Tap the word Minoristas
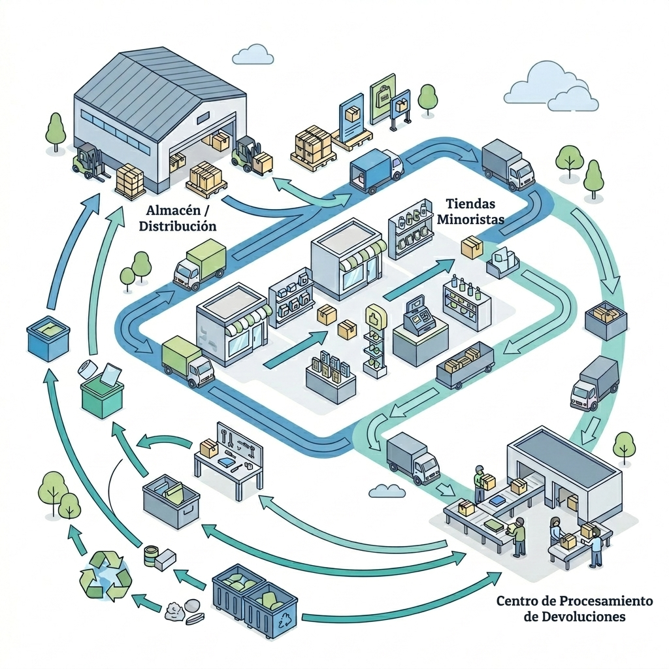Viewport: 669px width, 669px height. [x=470, y=220]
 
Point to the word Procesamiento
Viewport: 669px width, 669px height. [x=601, y=600]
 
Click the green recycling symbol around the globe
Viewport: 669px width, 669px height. [x=105, y=576]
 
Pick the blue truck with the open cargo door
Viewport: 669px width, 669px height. [x=376, y=170]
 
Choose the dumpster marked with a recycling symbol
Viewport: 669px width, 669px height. [x=270, y=611]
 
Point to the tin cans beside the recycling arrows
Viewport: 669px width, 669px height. [x=153, y=557]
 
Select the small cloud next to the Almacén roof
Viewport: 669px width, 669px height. [x=252, y=55]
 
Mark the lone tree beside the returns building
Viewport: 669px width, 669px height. [x=624, y=444]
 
